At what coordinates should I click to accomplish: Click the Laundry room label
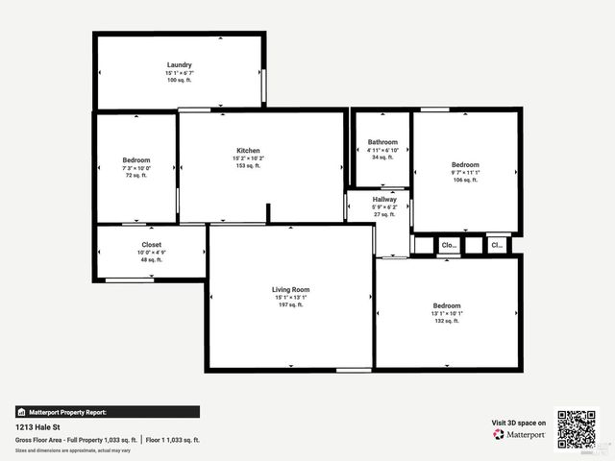tap(179, 65)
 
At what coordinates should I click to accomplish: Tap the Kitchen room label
tap(249, 151)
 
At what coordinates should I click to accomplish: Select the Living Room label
tap(290, 289)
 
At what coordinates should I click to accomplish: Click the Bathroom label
tap(382, 142)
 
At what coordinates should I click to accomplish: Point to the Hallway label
tap(384, 200)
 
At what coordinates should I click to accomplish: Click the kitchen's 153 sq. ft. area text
tap(249, 166)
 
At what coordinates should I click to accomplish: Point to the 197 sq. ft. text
tap(290, 304)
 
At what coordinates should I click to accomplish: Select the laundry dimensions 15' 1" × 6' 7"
tap(179, 73)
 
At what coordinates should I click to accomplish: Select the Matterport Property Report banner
tap(108, 411)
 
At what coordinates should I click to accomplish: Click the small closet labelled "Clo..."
tap(449, 246)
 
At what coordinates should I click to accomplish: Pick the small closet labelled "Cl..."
tap(497, 245)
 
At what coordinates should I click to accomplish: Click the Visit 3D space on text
tap(519, 422)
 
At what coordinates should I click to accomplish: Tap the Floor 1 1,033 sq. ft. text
tap(174, 440)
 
